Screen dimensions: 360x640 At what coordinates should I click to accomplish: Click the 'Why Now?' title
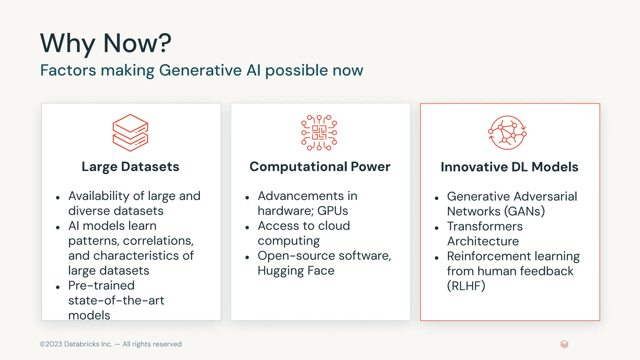click(x=106, y=43)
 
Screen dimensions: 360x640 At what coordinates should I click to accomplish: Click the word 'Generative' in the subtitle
click(x=200, y=70)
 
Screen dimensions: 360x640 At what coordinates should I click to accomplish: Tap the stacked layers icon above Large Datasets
click(x=130, y=133)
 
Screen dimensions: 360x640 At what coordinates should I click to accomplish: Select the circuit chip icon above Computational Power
click(x=319, y=133)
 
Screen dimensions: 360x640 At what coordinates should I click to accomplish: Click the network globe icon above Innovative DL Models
click(x=507, y=133)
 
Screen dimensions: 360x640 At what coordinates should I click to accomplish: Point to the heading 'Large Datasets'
click(x=130, y=167)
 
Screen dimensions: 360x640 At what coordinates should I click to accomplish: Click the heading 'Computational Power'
click(x=320, y=167)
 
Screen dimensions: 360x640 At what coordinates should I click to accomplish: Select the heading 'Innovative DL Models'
click(x=509, y=167)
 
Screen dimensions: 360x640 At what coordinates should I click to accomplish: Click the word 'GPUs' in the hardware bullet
click(x=332, y=211)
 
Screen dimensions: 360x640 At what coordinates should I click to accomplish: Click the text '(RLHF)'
click(x=466, y=286)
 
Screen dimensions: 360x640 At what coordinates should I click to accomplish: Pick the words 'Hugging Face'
click(x=296, y=271)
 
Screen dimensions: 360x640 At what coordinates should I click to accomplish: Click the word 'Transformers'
click(x=485, y=226)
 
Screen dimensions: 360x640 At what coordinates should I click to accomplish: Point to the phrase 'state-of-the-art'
click(x=116, y=301)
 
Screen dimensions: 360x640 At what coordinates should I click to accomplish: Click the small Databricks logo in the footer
click(x=564, y=344)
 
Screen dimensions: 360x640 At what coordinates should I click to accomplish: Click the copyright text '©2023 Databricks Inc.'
click(x=76, y=344)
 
